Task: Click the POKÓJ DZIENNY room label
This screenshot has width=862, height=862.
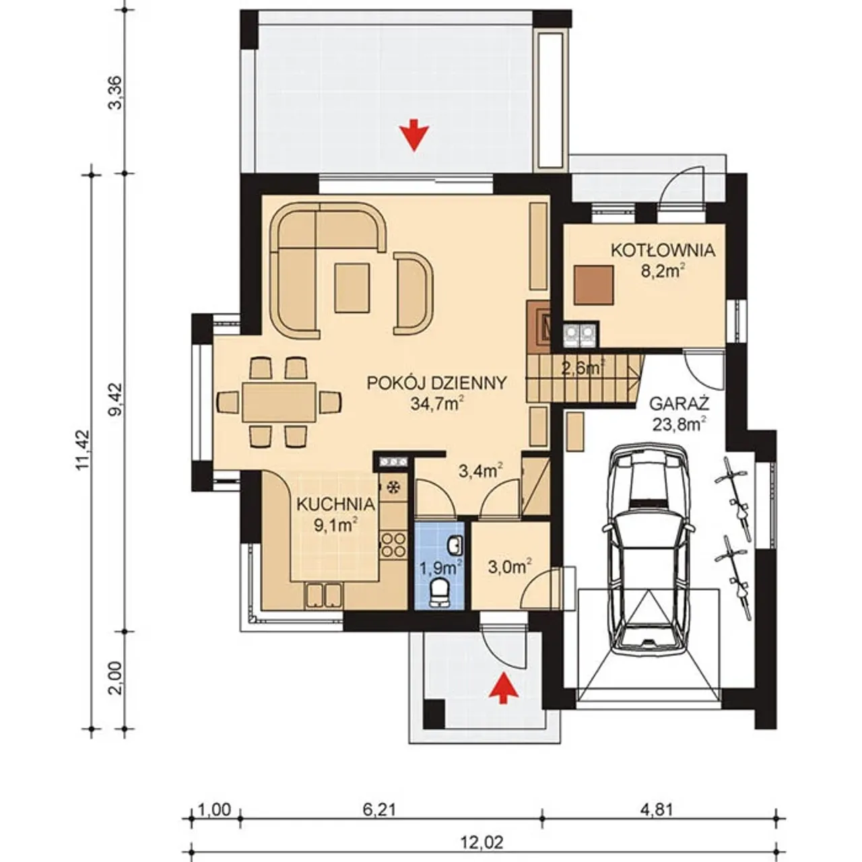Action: [x=436, y=383]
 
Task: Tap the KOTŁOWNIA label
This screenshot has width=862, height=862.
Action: [x=663, y=251]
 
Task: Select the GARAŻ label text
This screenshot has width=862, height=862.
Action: [x=679, y=404]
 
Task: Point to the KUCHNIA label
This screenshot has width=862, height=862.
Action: [x=335, y=504]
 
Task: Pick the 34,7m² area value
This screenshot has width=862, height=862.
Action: [x=436, y=404]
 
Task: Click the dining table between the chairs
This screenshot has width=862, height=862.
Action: [x=279, y=401]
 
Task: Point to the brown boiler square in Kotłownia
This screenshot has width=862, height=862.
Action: [x=593, y=285]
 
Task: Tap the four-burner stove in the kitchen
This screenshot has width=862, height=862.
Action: [x=394, y=545]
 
